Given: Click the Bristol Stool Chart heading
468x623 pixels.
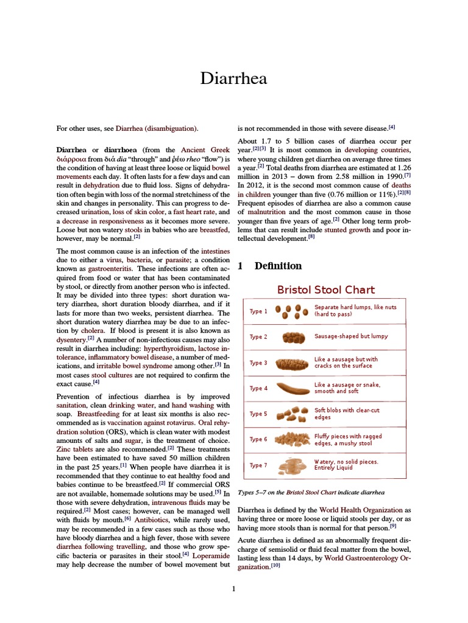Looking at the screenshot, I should [x=326, y=290].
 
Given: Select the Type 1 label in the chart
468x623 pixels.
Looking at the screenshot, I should [x=258, y=311].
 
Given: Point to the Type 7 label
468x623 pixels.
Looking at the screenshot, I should [x=258, y=465].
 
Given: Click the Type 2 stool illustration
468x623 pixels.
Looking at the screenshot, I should [x=293, y=336].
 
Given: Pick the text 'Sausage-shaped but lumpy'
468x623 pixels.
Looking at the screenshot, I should [x=351, y=336].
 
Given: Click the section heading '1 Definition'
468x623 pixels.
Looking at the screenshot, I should [x=270, y=266].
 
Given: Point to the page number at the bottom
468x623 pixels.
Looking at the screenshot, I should [x=234, y=588].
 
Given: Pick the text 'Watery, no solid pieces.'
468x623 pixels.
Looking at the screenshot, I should [x=346, y=462].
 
